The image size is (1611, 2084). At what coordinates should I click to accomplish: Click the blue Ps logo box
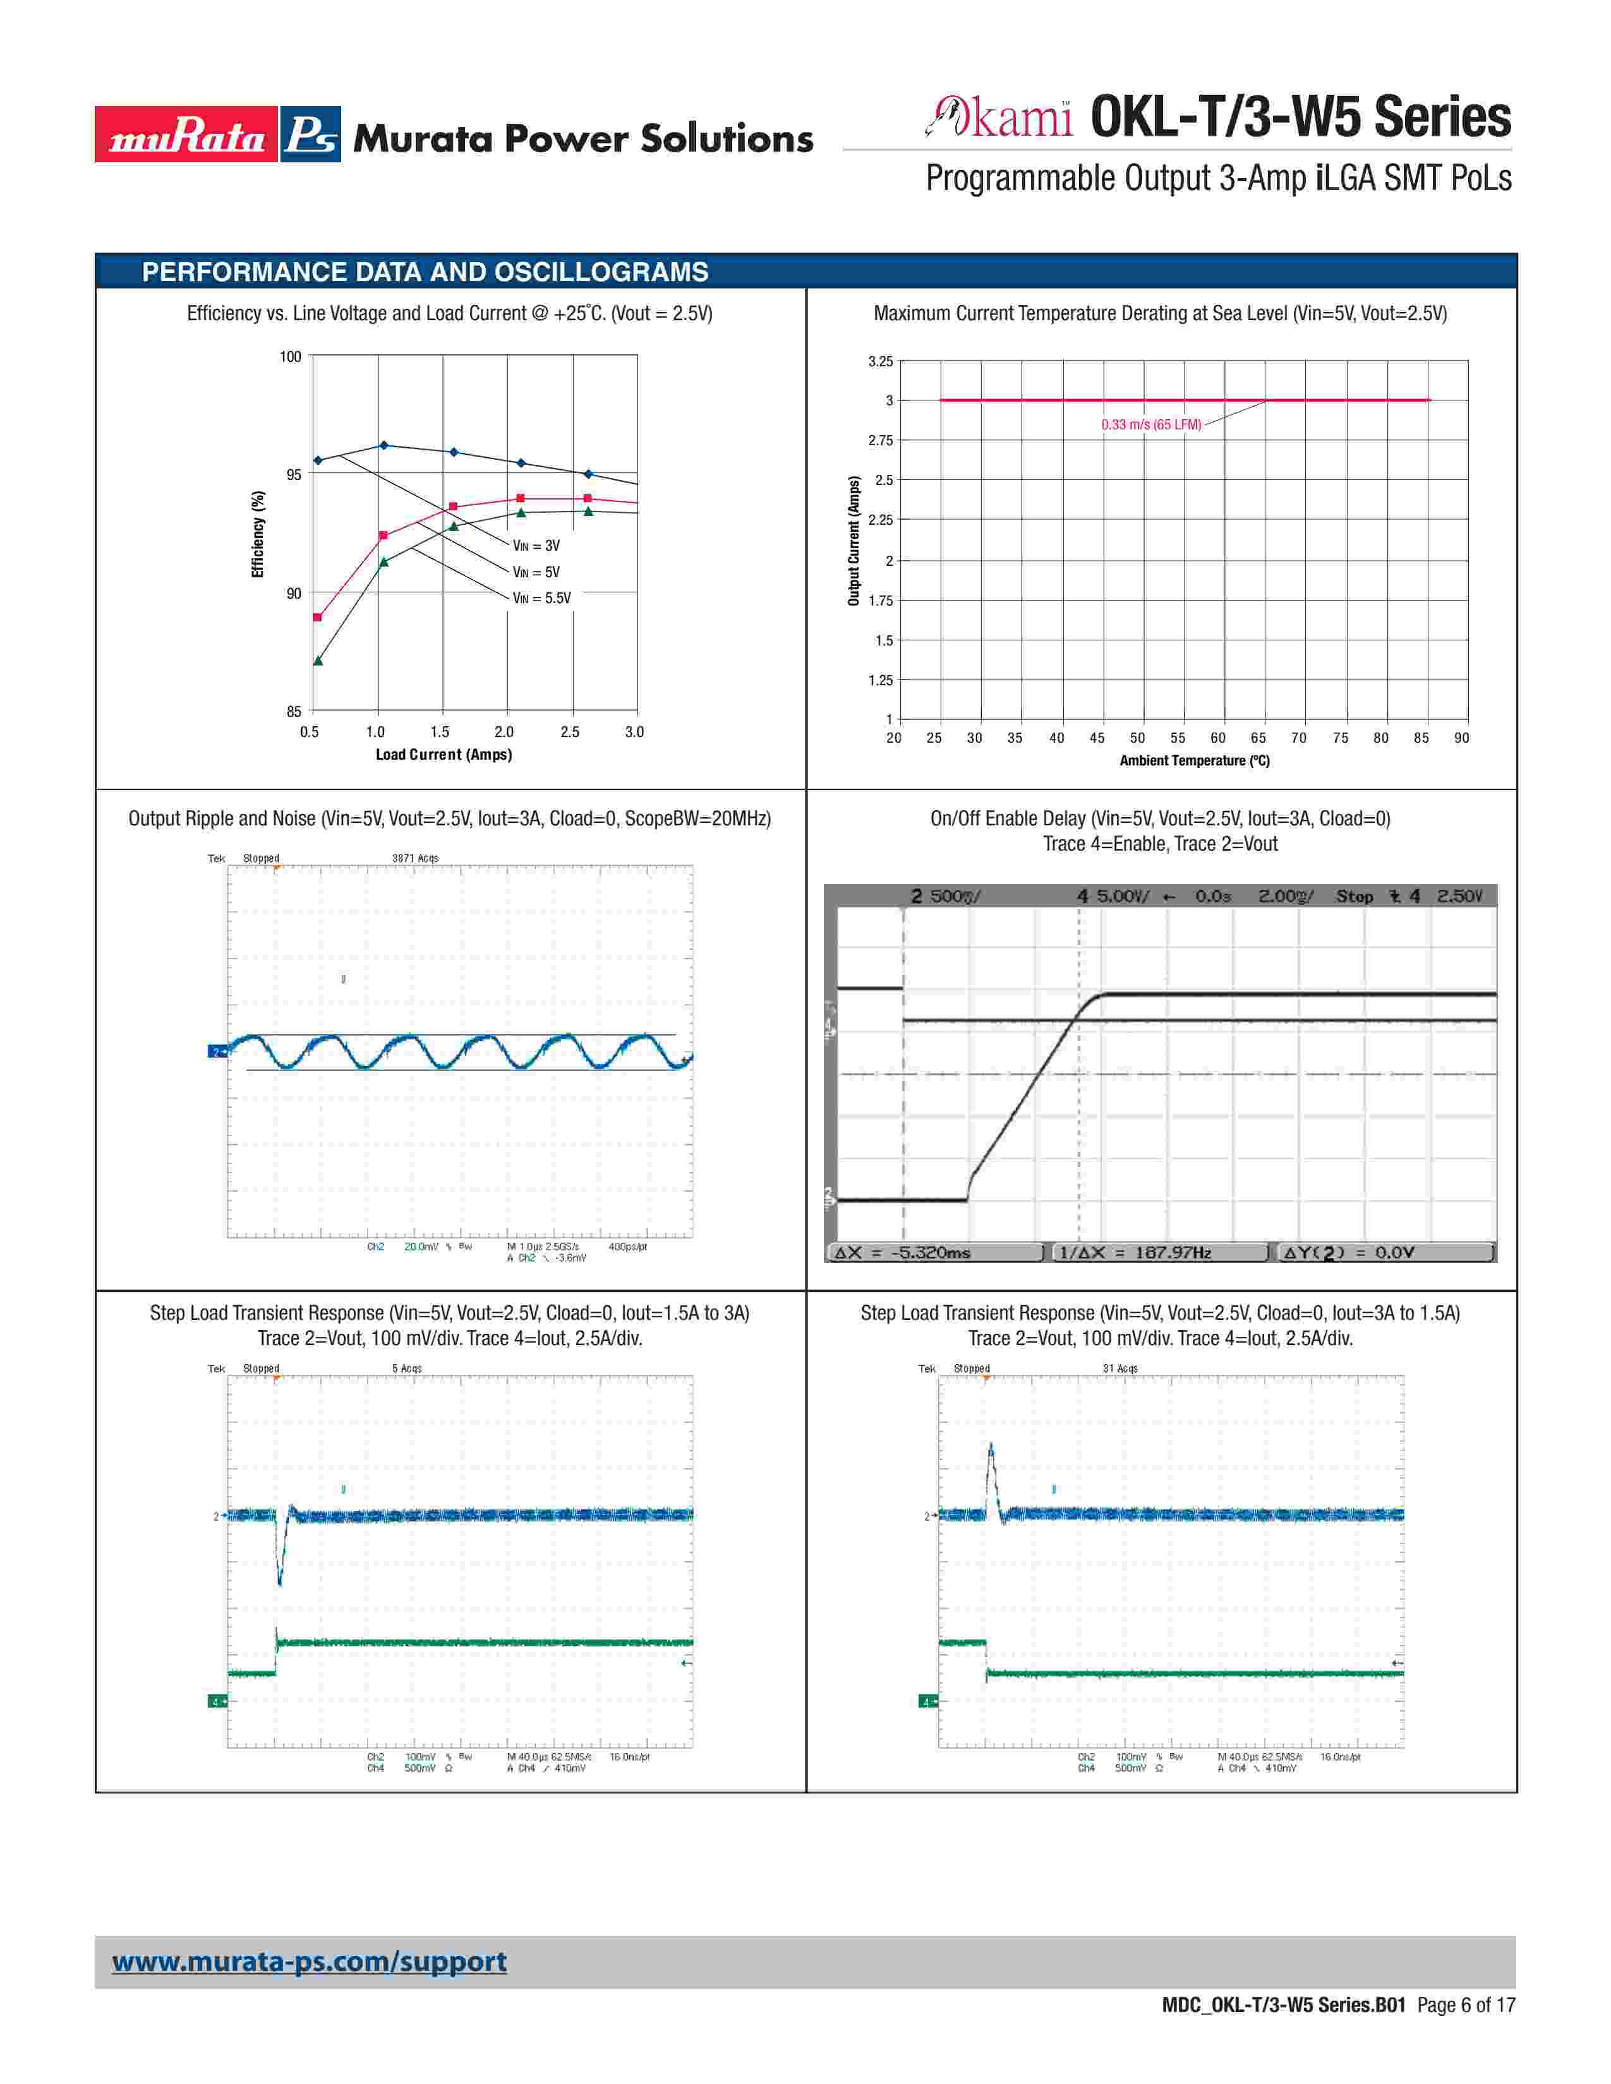[310, 135]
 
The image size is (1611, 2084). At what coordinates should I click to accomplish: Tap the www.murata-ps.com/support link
[309, 1962]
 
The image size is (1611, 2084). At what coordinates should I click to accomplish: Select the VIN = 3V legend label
[536, 546]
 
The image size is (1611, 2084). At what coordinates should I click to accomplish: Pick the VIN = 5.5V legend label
[541, 598]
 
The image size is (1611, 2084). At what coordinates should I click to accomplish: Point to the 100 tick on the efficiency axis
[290, 357]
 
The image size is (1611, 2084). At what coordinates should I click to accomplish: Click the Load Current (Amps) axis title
[443, 755]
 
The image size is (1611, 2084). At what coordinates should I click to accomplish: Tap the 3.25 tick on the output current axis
[880, 362]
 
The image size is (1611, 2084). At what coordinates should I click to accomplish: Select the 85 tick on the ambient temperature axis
[1421, 738]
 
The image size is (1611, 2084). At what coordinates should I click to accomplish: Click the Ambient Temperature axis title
[1194, 760]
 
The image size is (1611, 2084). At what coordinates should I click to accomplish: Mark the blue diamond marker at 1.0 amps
[383, 445]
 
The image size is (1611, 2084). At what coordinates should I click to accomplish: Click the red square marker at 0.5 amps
[318, 618]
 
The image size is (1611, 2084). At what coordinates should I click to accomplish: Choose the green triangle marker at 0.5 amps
[318, 661]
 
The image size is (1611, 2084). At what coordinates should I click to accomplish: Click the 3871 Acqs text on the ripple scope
[415, 858]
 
